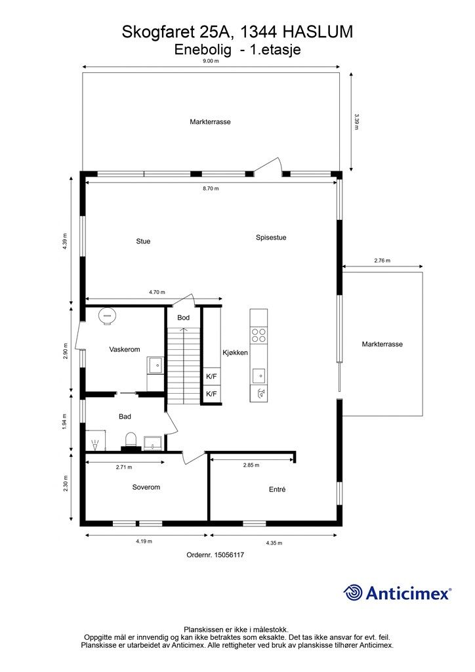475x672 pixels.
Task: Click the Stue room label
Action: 143,241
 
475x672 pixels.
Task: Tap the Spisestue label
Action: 271,238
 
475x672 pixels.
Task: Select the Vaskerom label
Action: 125,349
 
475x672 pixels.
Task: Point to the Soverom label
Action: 146,488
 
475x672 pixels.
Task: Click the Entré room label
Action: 277,489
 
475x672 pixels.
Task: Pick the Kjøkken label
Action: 235,352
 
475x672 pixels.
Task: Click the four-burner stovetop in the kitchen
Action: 258,335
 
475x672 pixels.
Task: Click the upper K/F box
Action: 212,377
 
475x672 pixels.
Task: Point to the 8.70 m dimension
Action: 211,188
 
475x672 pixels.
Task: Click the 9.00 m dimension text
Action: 211,61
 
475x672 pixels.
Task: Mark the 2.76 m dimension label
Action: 382,260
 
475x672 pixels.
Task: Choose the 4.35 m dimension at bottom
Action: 274,543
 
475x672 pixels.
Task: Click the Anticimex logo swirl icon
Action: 353,593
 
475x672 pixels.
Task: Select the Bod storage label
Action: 183,318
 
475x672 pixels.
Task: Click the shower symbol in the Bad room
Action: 94,444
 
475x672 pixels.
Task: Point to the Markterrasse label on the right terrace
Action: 382,344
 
